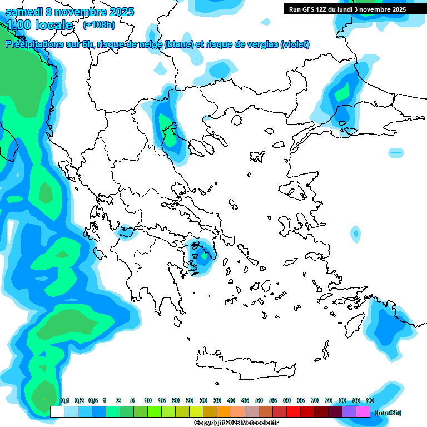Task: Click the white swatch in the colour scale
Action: [x=57, y=412]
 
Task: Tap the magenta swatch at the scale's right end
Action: [x=363, y=412]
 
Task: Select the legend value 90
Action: [x=370, y=400]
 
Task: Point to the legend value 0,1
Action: [x=64, y=400]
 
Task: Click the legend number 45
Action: [x=245, y=400]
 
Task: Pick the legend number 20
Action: [x=176, y=400]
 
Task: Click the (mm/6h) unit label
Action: [x=388, y=413]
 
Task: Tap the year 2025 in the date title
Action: [x=120, y=12]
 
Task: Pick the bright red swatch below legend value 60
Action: [x=293, y=412]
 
